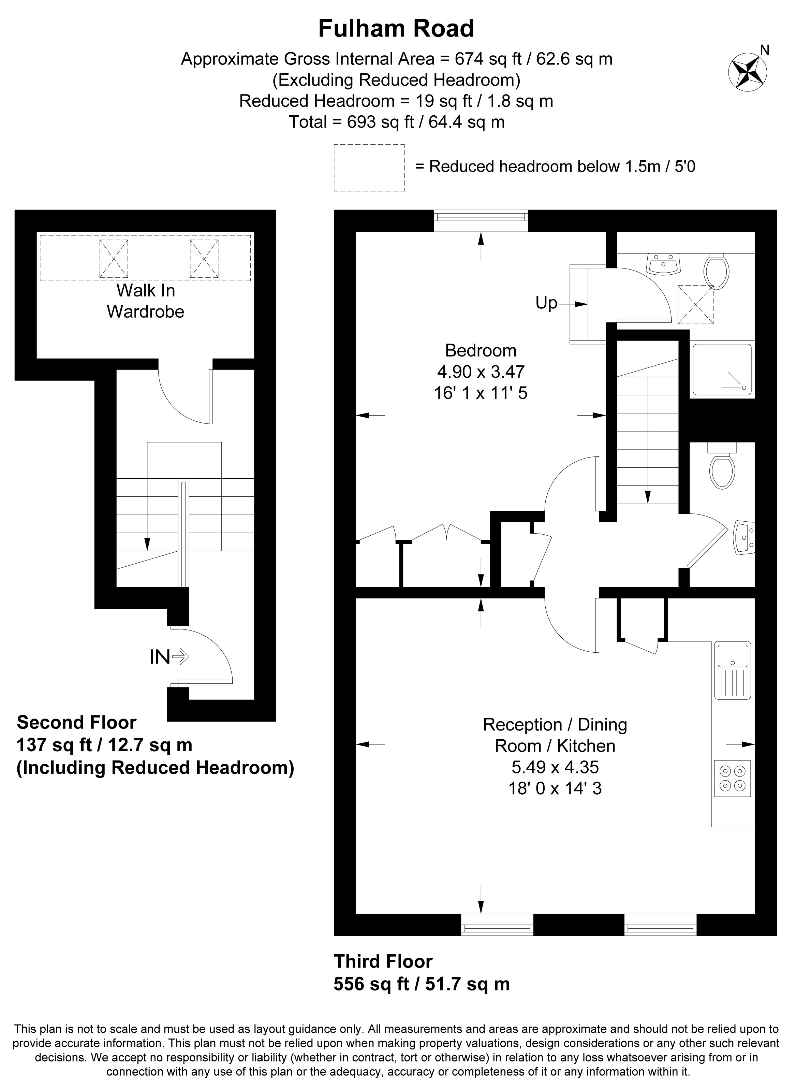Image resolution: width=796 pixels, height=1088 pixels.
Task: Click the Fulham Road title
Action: pos(396,29)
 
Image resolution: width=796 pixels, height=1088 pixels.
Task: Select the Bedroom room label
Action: pos(481,350)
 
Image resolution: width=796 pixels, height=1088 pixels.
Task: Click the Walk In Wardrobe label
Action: pos(146,301)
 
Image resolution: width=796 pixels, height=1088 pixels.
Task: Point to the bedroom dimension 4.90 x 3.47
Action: pos(481,372)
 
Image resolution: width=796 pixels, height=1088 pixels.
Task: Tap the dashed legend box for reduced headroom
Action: pos(369,168)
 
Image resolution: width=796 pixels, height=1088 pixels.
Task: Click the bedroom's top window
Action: pos(481,220)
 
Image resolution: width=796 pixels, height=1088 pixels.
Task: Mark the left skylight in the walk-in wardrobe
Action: pos(114,259)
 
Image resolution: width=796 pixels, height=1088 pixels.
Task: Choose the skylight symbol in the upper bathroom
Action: pos(695,304)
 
